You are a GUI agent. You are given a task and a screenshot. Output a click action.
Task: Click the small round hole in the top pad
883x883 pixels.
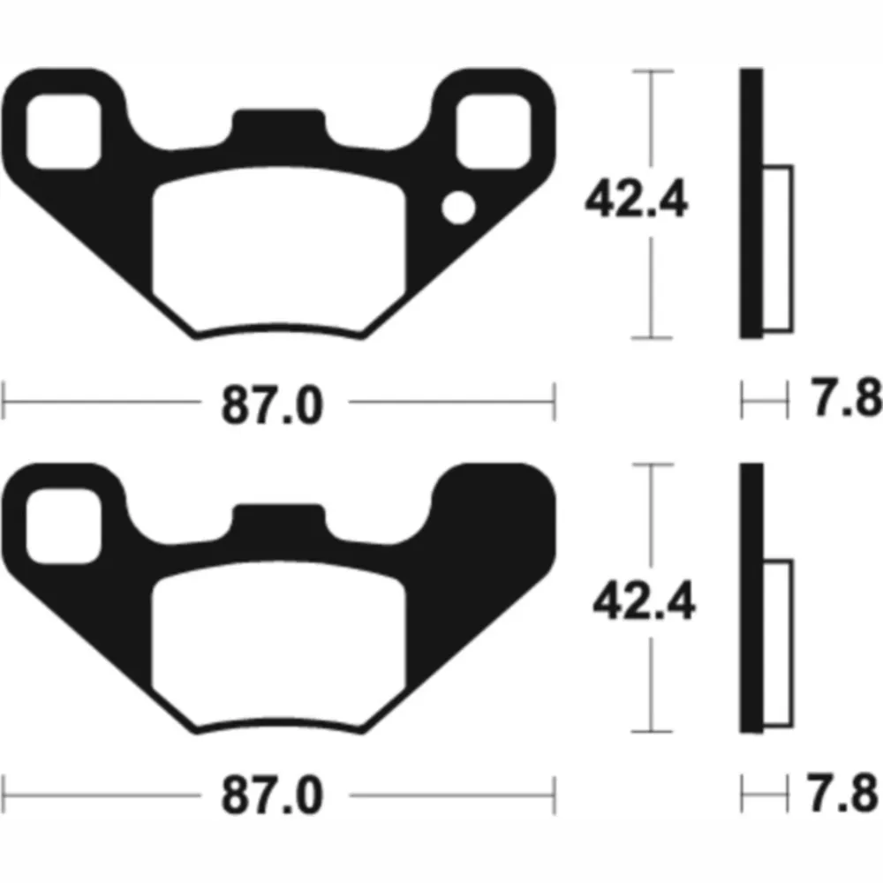coord(458,208)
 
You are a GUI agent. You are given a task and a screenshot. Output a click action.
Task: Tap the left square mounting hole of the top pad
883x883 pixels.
coord(64,132)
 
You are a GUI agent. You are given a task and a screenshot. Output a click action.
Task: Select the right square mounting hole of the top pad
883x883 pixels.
coord(494,132)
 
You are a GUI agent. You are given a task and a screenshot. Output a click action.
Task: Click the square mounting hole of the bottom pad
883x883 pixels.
coord(64,526)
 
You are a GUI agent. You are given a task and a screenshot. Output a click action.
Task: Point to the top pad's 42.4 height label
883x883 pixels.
coord(637,198)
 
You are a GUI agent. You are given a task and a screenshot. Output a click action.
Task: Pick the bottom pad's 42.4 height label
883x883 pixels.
coord(645,600)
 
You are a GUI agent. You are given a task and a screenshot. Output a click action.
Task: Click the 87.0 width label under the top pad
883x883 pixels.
coord(273,404)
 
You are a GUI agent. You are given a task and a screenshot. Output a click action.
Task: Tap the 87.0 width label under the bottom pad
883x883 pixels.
coord(273,796)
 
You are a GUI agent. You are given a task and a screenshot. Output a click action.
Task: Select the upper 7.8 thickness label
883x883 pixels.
coord(847,396)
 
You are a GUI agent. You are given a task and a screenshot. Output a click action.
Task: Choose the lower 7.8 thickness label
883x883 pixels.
coord(843,792)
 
